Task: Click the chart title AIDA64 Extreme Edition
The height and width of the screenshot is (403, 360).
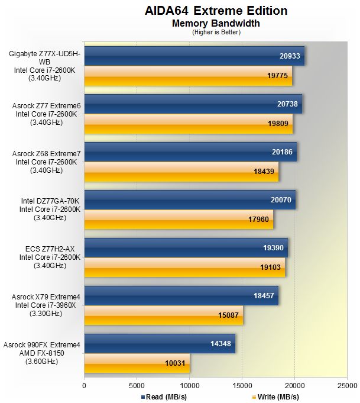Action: (216, 11)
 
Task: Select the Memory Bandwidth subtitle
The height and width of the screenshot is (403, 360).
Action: (216, 24)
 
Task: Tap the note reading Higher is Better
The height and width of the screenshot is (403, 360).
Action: (216, 32)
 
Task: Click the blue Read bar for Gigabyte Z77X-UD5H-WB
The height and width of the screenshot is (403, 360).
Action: (194, 56)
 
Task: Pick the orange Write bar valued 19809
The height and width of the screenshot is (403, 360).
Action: (188, 124)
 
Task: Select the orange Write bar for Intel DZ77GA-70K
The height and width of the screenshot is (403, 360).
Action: (179, 219)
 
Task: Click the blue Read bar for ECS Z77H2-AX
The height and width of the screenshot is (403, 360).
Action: (186, 247)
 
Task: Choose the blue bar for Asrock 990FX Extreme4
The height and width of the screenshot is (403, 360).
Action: (160, 343)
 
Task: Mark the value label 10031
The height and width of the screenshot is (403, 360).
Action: (176, 363)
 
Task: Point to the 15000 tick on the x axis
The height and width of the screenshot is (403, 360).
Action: (242, 384)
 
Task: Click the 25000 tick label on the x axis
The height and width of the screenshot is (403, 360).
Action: (347, 384)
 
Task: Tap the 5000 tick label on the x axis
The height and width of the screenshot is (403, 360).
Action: (137, 384)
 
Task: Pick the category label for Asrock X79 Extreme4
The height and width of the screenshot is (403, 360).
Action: (41, 305)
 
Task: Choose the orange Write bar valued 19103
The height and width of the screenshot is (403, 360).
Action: (184, 267)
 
